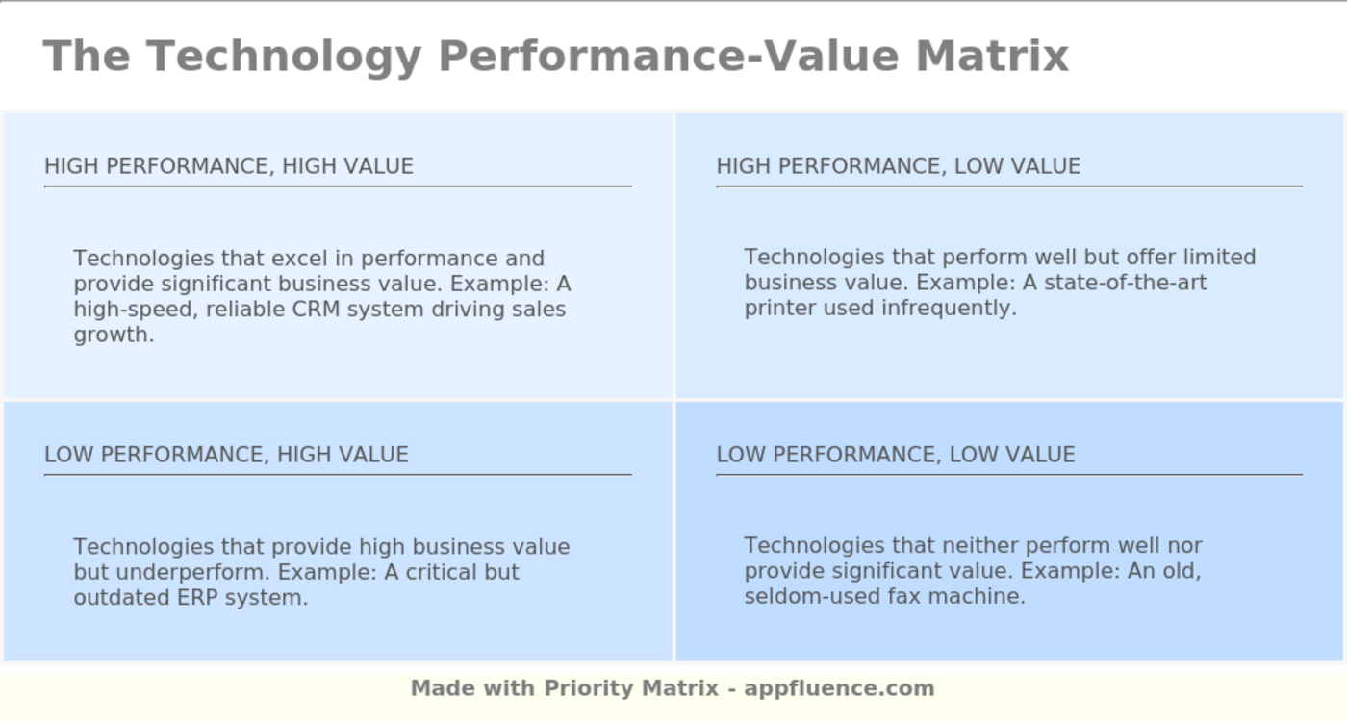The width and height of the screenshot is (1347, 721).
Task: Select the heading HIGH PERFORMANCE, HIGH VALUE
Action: [229, 166]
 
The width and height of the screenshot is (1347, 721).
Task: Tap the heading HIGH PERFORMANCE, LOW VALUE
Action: [898, 166]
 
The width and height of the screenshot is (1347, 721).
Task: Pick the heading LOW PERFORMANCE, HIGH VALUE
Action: [226, 455]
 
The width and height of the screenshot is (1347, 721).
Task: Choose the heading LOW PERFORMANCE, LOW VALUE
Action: [895, 455]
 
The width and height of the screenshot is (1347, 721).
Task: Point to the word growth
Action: [114, 336]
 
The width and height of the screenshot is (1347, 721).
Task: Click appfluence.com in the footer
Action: [839, 688]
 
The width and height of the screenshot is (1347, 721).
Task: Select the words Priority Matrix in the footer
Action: [631, 688]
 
